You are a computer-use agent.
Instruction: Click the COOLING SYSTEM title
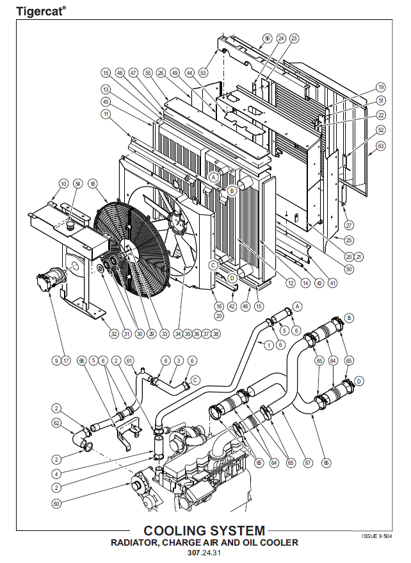point(204,531)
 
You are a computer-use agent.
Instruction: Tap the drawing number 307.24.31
point(204,553)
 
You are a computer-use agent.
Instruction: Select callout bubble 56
point(267,38)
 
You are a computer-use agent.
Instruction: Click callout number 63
point(381,146)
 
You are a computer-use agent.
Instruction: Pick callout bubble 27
point(349,225)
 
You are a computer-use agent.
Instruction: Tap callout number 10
point(63,184)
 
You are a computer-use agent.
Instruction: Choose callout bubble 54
point(78,184)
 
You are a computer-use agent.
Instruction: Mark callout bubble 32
point(114,333)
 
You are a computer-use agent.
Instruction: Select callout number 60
point(56,503)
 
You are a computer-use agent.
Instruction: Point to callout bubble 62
point(56,423)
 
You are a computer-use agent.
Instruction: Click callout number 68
point(81,360)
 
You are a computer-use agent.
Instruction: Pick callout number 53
point(203,72)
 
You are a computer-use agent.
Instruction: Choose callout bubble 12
point(291,283)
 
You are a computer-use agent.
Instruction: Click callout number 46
point(245,307)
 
